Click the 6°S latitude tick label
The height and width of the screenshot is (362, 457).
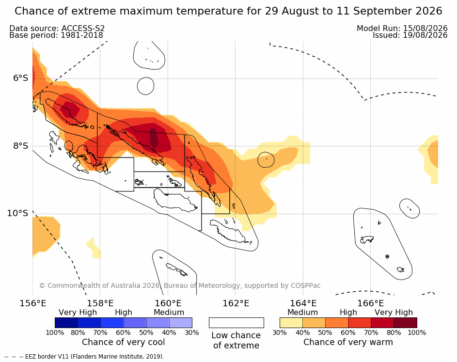click(x=20, y=78)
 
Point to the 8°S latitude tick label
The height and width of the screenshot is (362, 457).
click(x=20, y=146)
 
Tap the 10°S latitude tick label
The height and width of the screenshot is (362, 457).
click(x=18, y=213)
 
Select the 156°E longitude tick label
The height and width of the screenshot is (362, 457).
click(x=32, y=303)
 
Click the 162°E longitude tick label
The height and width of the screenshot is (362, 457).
click(x=236, y=303)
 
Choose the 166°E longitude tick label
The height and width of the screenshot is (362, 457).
click(x=370, y=303)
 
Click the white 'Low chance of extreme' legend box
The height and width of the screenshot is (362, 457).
click(x=236, y=323)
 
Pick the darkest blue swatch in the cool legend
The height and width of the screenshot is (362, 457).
click(x=66, y=323)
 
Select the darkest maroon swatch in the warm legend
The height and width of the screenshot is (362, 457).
click(x=406, y=323)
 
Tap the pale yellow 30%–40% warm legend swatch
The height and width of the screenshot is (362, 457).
click(x=291, y=323)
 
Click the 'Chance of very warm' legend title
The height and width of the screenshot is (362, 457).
click(x=348, y=342)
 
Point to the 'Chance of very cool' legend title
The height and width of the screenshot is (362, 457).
click(x=123, y=342)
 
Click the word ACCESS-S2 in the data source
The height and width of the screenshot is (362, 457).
click(x=83, y=28)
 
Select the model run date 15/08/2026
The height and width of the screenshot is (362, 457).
click(x=425, y=28)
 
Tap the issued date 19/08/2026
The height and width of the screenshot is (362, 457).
click(x=425, y=35)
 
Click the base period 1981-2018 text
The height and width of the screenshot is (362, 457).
click(x=82, y=35)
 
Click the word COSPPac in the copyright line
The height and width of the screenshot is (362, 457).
click(x=305, y=285)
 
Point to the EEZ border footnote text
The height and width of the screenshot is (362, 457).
click(x=84, y=357)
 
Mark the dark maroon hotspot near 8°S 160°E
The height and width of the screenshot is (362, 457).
click(x=154, y=138)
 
